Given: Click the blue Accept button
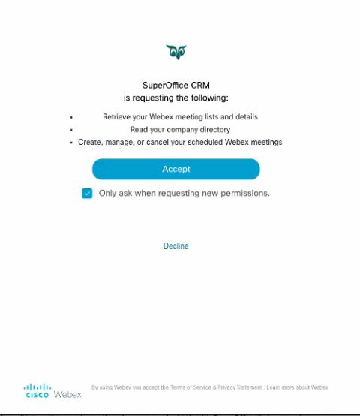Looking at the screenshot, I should click(175, 169).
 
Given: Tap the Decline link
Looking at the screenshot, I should click(175, 246).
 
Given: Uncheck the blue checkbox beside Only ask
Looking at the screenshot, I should click(87, 193).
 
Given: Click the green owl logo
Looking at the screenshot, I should click(176, 52).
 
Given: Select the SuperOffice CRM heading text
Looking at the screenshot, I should click(175, 86).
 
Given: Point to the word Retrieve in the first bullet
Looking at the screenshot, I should click(115, 117).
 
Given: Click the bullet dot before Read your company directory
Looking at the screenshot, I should click(71, 130).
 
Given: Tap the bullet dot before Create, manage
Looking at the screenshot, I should click(71, 143).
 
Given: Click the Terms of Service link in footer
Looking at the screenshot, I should click(179, 387).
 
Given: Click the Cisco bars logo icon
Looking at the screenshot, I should click(37, 387).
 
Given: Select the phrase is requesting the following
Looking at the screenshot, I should click(175, 98).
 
